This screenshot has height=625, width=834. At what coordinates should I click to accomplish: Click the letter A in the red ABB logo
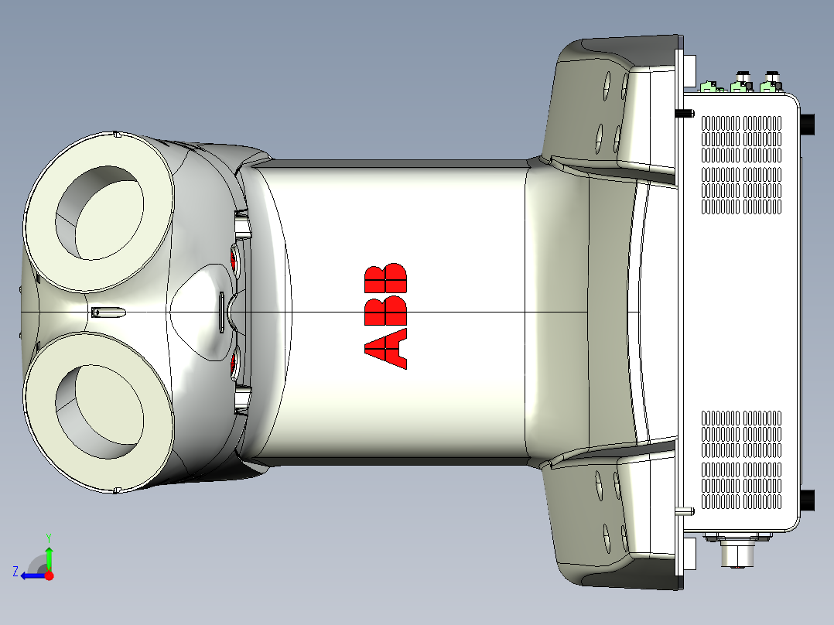pyautogui.click(x=385, y=347)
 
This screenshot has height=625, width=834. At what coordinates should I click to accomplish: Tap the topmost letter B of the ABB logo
pyautogui.click(x=385, y=275)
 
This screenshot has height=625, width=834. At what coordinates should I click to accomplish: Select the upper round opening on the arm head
pyautogui.click(x=99, y=212)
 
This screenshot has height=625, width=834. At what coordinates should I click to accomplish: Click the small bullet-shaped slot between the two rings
pyautogui.click(x=106, y=312)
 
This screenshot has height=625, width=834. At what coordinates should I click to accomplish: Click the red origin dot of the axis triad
pyautogui.click(x=50, y=575)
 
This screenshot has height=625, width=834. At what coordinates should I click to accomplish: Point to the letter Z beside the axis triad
pyautogui.click(x=15, y=572)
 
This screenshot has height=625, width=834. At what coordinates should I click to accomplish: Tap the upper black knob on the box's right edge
pyautogui.click(x=808, y=124)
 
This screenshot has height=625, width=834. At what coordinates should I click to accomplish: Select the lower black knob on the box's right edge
pyautogui.click(x=808, y=500)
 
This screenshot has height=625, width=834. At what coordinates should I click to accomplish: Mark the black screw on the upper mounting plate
pyautogui.click(x=685, y=114)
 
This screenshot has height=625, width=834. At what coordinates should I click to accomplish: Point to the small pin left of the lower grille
pyautogui.click(x=684, y=511)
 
